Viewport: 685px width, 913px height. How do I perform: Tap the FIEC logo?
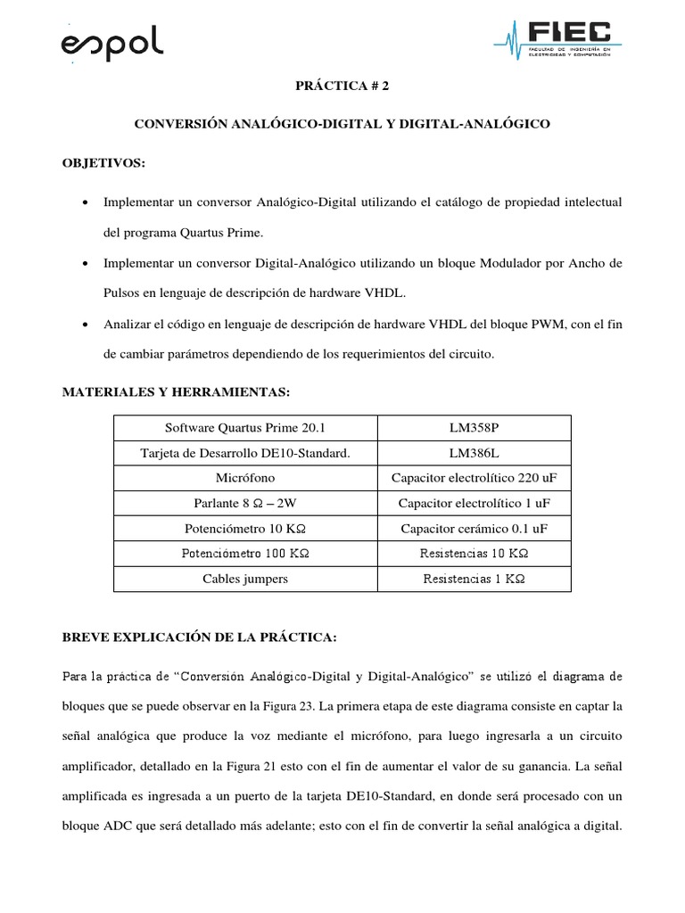pyautogui.click(x=558, y=38)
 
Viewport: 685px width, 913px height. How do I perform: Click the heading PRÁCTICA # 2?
pyautogui.click(x=342, y=86)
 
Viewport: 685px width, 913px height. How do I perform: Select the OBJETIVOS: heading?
pyautogui.click(x=103, y=164)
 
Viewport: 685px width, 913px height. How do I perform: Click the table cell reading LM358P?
pyautogui.click(x=474, y=429)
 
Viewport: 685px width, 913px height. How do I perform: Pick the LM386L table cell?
pyautogui.click(x=474, y=454)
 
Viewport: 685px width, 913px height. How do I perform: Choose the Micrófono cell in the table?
pyautogui.click(x=245, y=479)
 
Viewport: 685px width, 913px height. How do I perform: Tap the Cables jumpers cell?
pyautogui.click(x=245, y=579)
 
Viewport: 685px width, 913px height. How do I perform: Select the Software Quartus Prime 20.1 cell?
pyautogui.click(x=245, y=429)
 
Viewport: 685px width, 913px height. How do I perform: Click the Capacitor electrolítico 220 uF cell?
pyautogui.click(x=474, y=479)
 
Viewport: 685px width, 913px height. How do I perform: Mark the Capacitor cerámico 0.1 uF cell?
pyautogui.click(x=474, y=529)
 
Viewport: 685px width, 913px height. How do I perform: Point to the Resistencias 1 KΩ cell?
pyautogui.click(x=474, y=579)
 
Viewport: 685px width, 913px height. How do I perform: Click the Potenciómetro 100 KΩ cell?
pyautogui.click(x=245, y=554)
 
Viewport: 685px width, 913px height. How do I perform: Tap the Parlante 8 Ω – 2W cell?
pyautogui.click(x=245, y=504)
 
